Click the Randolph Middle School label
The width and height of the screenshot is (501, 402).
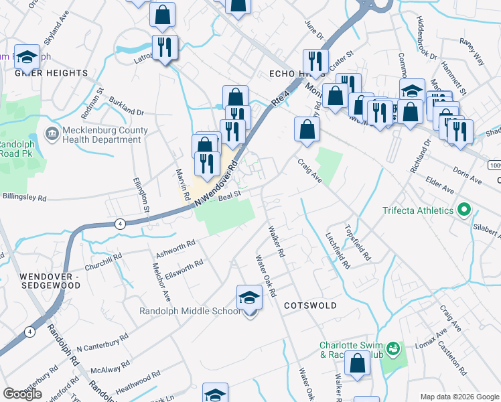click(x=189, y=311)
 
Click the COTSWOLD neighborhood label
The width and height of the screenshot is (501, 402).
click(x=309, y=305)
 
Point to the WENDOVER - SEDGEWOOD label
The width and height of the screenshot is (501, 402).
click(x=50, y=281)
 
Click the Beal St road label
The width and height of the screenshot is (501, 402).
click(x=228, y=194)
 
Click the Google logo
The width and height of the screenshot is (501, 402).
click(x=21, y=394)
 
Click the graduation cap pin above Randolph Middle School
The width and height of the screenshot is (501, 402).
click(x=249, y=297)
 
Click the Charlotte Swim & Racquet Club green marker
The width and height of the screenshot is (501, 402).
click(x=394, y=348)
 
